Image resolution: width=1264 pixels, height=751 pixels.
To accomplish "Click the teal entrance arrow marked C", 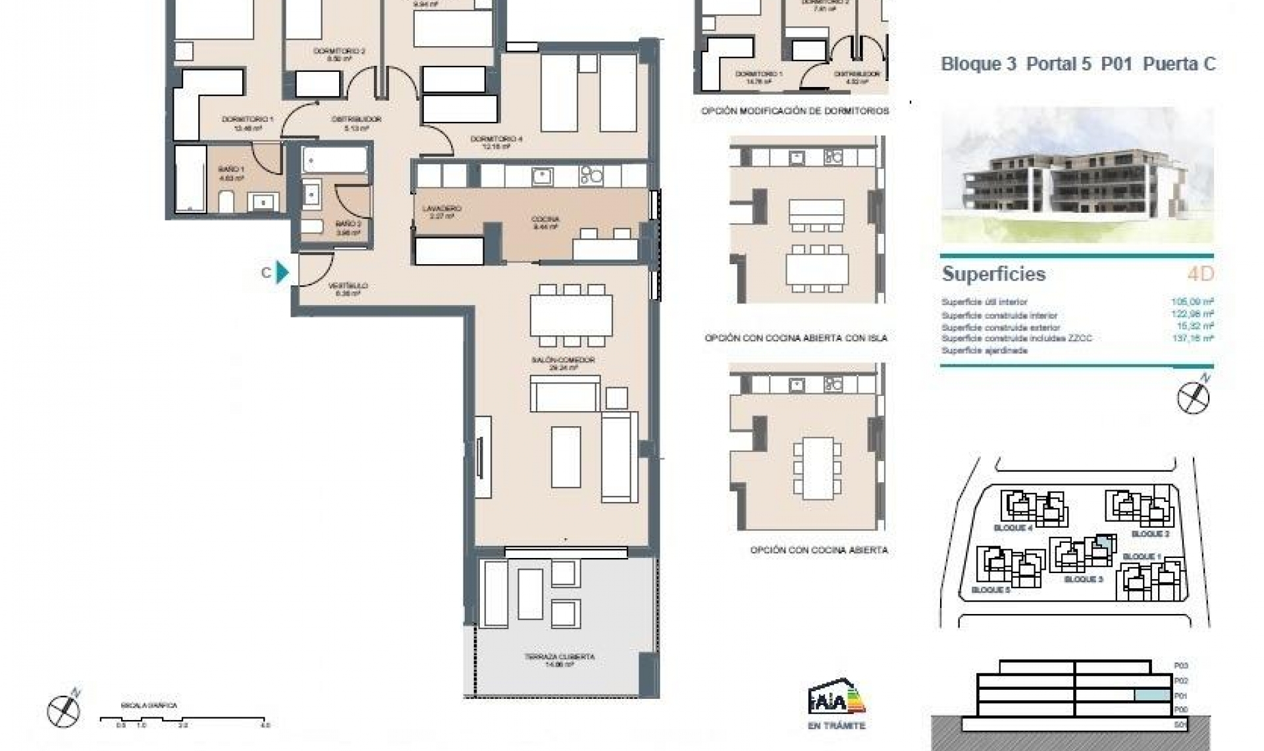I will (x=282, y=272).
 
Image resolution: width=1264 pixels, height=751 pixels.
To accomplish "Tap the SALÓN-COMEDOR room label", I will (x=563, y=363).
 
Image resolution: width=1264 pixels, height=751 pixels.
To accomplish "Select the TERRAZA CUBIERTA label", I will (x=560, y=660).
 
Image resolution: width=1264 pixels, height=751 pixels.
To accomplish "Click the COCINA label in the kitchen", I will (x=545, y=222).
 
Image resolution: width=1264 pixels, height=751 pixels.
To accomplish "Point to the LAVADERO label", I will (x=442, y=211).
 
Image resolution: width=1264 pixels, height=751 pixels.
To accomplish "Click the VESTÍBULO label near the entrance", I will (x=348, y=289).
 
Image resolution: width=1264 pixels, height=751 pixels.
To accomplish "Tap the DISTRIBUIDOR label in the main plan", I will (x=356, y=123).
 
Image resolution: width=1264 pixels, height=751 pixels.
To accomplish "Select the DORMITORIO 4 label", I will (x=496, y=142).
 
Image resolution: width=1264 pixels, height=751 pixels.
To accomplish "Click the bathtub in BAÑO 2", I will (x=334, y=159).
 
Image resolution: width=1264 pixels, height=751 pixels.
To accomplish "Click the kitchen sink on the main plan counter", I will (x=542, y=176).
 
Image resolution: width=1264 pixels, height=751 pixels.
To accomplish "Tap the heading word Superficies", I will (x=993, y=274).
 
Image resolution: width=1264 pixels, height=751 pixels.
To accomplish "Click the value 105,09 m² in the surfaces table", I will (x=1192, y=302).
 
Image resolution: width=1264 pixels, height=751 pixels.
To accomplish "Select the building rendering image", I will (x=1077, y=175).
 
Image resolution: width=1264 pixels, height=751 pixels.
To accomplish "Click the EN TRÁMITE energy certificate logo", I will (x=836, y=705).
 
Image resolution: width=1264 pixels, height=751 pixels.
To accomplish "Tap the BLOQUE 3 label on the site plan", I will (x=1083, y=580).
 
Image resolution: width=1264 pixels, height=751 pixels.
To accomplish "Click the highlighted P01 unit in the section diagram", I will (x=1152, y=695).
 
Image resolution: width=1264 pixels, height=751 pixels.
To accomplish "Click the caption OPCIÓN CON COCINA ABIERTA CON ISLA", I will (x=795, y=338).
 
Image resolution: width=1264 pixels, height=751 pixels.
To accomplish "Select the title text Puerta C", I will (x=1179, y=64).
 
